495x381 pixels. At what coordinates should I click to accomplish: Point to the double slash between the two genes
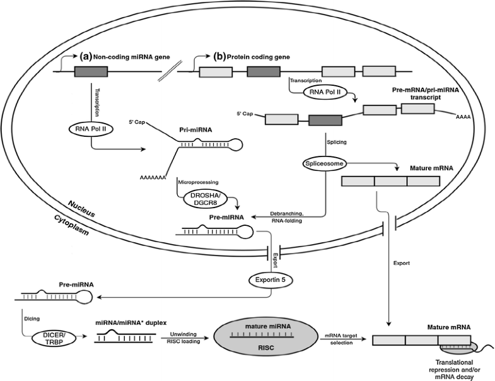point(166,74)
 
